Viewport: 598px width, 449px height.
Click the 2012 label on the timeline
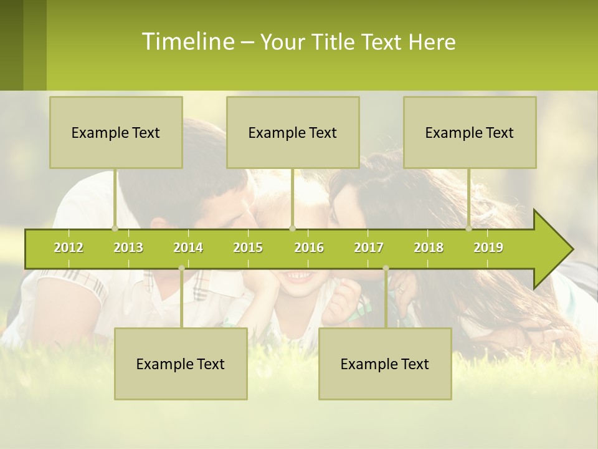click(x=69, y=248)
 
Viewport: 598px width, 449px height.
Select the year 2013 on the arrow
click(x=128, y=248)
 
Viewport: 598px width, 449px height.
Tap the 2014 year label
click(x=188, y=248)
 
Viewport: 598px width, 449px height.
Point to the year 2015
click(x=248, y=248)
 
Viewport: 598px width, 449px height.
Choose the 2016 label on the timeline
click(x=309, y=248)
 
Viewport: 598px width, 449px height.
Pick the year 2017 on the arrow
click(x=369, y=248)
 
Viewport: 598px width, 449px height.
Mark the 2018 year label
click(x=429, y=248)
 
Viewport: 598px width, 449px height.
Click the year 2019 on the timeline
click(x=488, y=248)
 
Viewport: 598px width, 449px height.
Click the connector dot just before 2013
click(x=115, y=228)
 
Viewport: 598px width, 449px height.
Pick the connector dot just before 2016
click(x=293, y=228)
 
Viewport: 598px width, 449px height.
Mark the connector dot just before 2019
click(x=469, y=228)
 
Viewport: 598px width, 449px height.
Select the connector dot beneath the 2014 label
click(x=181, y=268)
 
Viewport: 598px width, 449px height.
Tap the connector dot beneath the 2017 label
click(x=386, y=268)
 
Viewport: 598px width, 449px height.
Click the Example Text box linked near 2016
click(x=293, y=132)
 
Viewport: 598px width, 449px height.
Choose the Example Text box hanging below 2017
click(x=385, y=364)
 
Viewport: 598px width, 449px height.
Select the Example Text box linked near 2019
click(x=470, y=132)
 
